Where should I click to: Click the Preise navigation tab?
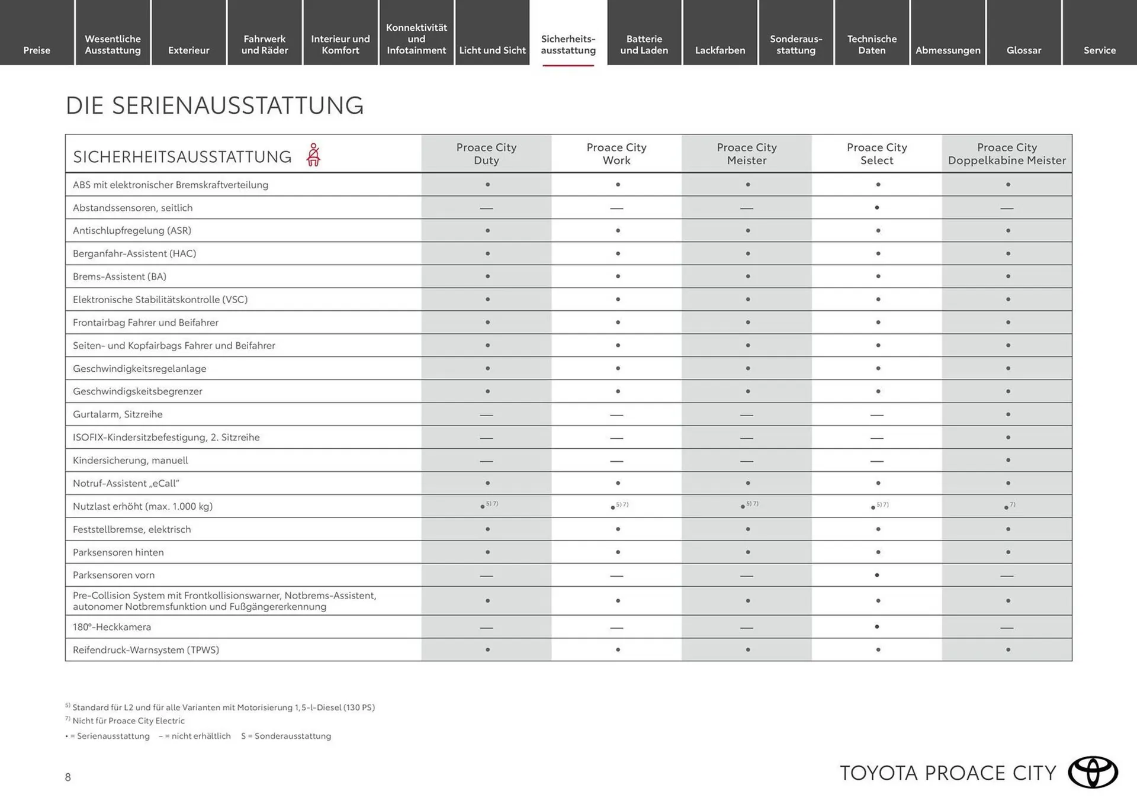tap(37, 50)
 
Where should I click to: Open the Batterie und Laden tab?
tap(644, 44)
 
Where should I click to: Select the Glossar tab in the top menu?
tap(1023, 50)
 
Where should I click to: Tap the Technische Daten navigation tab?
tap(872, 44)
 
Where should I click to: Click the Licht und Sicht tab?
tap(492, 50)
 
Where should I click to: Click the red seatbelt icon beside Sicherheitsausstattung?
tap(313, 155)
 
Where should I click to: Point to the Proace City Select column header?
tap(876, 154)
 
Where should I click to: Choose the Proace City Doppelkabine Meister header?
tap(1007, 154)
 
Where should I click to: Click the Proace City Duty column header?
tap(486, 154)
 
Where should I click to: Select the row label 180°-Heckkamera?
tap(112, 627)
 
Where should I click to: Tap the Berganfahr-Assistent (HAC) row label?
tap(134, 253)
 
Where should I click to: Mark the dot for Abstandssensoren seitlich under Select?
tap(877, 208)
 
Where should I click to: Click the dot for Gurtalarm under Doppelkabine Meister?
tap(1008, 414)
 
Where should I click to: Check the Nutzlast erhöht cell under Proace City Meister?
tap(747, 506)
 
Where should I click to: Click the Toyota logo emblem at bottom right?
tap(1093, 772)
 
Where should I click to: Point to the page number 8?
tap(68, 777)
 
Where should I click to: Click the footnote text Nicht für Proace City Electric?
tap(129, 721)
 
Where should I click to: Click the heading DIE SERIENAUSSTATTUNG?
tap(214, 105)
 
